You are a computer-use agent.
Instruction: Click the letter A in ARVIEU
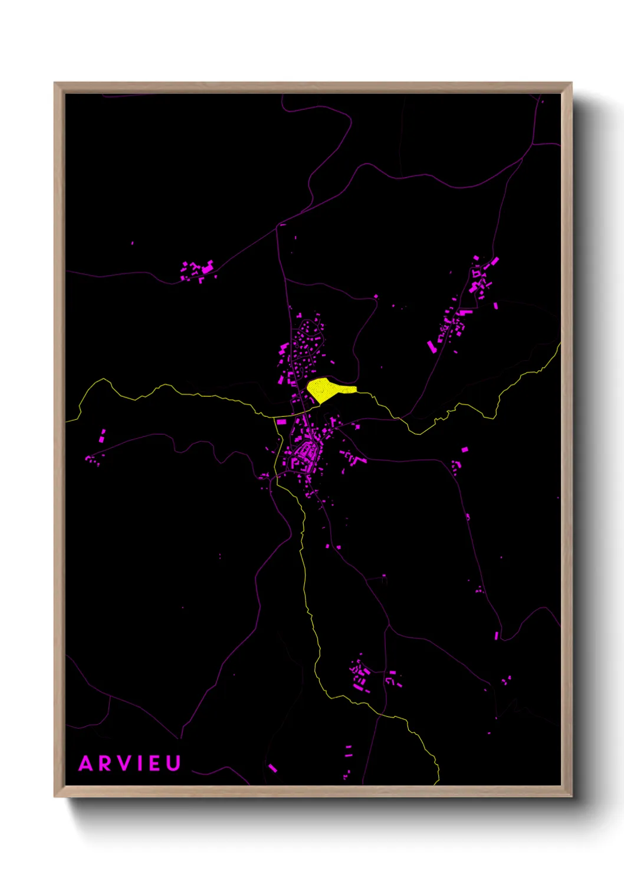[86, 764]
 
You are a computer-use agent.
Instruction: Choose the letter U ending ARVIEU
[173, 764]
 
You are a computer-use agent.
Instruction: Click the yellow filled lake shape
[326, 389]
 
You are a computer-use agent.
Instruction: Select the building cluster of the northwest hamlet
[198, 270]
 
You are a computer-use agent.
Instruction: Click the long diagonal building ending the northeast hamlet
[432, 347]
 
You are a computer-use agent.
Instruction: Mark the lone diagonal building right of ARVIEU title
[272, 768]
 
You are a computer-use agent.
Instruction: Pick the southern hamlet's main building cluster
[360, 676]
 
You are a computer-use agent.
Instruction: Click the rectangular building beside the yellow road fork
[281, 422]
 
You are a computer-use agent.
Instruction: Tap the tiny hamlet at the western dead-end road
[92, 459]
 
